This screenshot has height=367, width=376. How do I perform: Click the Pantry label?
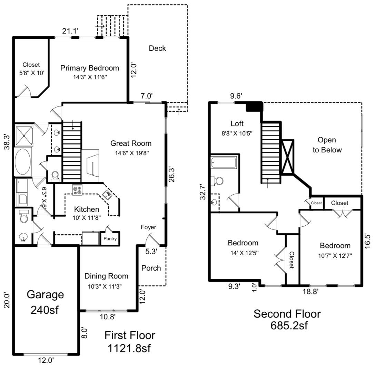110,238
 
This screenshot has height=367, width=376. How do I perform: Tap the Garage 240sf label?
45,302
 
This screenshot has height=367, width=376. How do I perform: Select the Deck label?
157,48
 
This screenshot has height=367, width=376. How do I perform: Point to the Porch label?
151,268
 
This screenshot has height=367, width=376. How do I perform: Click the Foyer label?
148,227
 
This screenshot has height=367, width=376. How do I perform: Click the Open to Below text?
327,145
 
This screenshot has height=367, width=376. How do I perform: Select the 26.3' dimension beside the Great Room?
171,175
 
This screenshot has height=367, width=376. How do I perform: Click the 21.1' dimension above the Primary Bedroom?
70,31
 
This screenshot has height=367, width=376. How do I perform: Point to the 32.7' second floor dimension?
203,192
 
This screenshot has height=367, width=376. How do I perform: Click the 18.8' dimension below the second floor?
310,291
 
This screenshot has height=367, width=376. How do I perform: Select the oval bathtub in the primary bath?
23,161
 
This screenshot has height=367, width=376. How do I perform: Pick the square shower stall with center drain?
23,135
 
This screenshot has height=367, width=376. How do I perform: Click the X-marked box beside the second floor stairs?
287,157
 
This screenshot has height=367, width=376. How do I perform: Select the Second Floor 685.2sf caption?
287,320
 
